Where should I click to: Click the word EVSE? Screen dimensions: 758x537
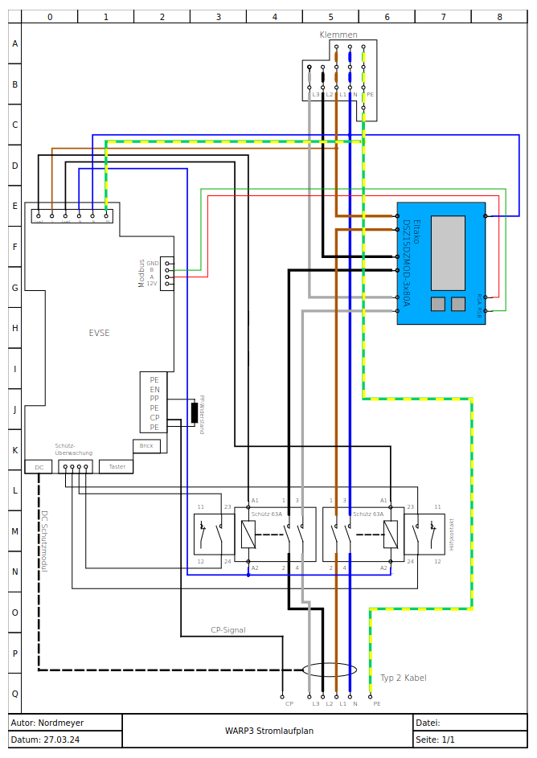99,333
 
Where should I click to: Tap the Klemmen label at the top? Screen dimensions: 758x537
338,35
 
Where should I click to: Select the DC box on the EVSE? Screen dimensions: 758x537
38,466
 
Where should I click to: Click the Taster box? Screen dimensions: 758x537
117,466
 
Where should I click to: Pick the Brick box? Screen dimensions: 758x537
146,446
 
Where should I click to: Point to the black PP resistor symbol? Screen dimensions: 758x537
195,413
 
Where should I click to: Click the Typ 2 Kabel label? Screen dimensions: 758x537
404,678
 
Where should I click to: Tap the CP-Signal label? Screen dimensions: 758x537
228,630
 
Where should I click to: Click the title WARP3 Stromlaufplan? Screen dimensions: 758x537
268,731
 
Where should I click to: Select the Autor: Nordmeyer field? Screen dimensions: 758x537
47,723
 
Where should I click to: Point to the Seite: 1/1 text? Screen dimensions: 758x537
435,740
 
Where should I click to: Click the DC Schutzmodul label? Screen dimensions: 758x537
45,540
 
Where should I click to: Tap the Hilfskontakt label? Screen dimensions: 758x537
452,533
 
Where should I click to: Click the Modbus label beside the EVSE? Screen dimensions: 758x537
141,273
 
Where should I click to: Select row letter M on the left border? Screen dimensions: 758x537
14,531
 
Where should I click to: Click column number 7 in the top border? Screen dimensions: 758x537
443,16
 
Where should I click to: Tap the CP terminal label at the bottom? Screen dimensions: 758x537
289,703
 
